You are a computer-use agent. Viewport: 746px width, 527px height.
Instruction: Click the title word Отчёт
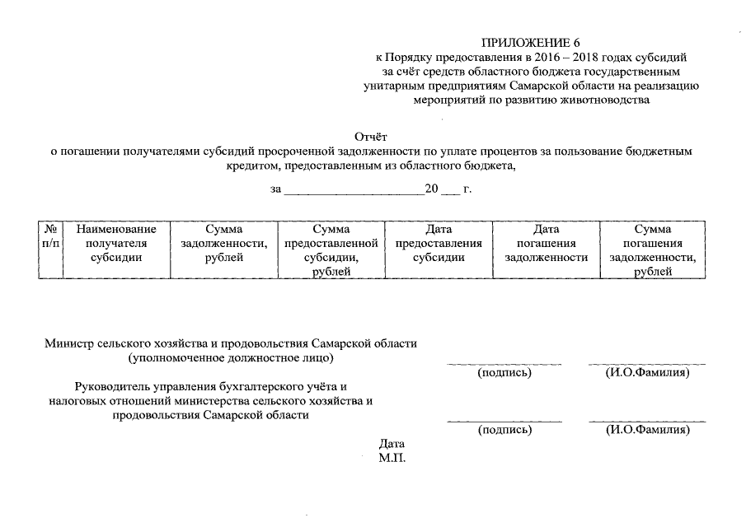[371, 137]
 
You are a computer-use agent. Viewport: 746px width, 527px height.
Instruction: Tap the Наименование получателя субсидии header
[116, 243]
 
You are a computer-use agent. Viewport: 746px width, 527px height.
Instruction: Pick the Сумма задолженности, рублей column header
[224, 243]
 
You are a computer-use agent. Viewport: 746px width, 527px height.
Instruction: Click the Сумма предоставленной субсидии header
[331, 250]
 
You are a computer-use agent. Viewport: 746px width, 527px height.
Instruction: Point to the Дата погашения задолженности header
[546, 243]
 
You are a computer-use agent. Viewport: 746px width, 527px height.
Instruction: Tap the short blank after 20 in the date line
[449, 190]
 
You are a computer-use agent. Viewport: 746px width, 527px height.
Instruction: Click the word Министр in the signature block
[71, 343]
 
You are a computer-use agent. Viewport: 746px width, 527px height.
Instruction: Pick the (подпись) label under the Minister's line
[504, 373]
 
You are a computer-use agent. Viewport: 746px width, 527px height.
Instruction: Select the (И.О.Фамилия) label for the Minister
[647, 373]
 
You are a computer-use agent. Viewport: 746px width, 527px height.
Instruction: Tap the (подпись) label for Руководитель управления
[504, 430]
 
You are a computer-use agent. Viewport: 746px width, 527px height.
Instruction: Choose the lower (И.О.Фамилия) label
[647, 430]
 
